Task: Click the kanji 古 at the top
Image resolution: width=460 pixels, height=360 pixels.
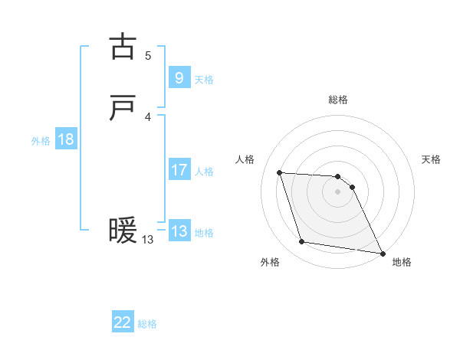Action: [x=123, y=47]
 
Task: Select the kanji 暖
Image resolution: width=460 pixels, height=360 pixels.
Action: [x=123, y=231]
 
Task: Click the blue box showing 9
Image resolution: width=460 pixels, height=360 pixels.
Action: [x=179, y=77]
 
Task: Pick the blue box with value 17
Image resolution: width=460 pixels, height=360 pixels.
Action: [x=179, y=170]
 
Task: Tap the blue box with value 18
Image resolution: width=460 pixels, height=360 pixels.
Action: [x=65, y=139]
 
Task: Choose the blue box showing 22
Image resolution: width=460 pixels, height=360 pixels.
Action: [x=123, y=322]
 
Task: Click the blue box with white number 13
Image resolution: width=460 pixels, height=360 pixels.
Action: [x=179, y=231]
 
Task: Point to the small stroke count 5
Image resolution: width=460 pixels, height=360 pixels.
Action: [x=148, y=55]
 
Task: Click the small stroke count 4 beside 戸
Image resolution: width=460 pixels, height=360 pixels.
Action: [x=148, y=116]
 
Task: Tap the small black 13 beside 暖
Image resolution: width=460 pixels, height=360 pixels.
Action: [x=147, y=240]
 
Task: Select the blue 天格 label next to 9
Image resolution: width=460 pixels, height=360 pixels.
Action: [x=204, y=79]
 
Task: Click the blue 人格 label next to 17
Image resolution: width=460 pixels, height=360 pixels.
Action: [x=204, y=172]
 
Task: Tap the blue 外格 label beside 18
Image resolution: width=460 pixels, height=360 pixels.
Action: [x=41, y=141]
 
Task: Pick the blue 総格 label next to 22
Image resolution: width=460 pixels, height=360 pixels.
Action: [x=147, y=324]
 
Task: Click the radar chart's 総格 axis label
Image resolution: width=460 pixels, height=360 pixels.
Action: [x=338, y=100]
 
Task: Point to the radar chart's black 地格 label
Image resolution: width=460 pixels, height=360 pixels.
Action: [x=402, y=262]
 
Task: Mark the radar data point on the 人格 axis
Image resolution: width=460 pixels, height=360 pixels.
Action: [x=280, y=173]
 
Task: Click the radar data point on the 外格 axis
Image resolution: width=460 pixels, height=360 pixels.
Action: [x=302, y=242]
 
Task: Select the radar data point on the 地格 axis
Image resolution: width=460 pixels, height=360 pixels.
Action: [x=383, y=254]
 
